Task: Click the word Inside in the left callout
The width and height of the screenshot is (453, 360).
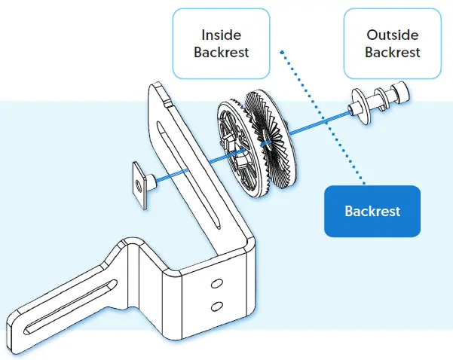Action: coord(220,35)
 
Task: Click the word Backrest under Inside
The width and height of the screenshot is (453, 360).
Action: coord(220,53)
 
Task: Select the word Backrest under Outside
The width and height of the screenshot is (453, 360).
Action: coord(392,53)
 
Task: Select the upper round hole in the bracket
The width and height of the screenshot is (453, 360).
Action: coord(217,282)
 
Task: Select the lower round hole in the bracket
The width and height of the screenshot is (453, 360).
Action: coord(217,306)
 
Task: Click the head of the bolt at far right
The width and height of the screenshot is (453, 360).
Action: coord(402,93)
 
